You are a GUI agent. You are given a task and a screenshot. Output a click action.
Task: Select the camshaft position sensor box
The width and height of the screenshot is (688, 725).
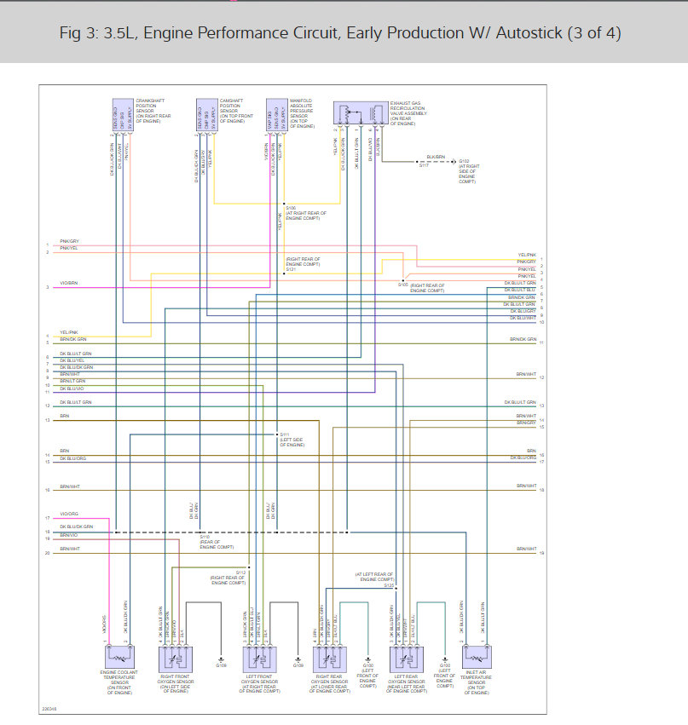pyautogui.click(x=205, y=116)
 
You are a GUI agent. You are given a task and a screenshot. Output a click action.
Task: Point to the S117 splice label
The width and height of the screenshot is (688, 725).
pyautogui.click(x=423, y=164)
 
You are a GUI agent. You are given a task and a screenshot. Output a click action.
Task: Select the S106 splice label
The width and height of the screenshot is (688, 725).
pyautogui.click(x=292, y=207)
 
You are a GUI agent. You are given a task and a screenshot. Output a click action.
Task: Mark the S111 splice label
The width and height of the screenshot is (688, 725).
pyautogui.click(x=285, y=434)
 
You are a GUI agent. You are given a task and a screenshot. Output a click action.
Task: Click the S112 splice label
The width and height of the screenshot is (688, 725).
pyautogui.click(x=240, y=573)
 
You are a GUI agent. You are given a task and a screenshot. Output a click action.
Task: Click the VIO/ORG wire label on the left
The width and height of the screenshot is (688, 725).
pyautogui.click(x=69, y=514)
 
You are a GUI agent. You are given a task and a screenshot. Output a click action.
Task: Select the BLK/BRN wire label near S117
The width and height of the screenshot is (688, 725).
pyautogui.click(x=435, y=157)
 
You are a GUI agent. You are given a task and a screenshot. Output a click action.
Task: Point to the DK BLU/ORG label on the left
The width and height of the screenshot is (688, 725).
pyautogui.click(x=73, y=458)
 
